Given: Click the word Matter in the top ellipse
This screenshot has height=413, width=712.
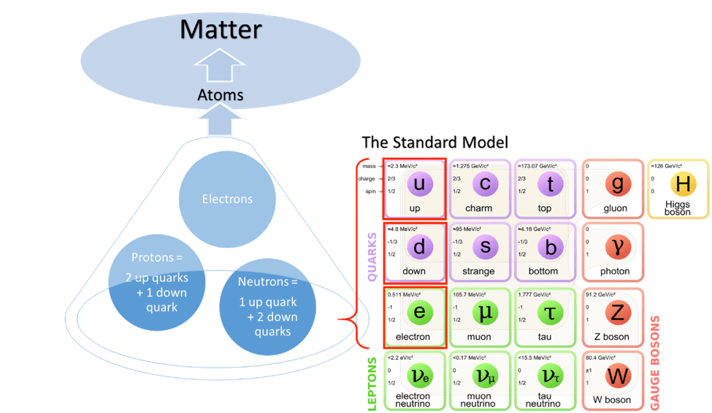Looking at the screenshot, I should [221, 30].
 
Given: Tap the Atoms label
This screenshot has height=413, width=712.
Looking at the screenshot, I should [220, 95].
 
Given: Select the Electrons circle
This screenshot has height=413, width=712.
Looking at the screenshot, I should [227, 199].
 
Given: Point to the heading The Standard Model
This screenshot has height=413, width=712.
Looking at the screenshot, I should [435, 143].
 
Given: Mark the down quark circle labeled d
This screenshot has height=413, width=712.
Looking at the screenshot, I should [419, 247].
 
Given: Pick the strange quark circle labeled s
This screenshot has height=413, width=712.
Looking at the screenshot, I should [485, 247].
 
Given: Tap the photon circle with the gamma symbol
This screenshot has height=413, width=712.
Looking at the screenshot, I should [617, 247].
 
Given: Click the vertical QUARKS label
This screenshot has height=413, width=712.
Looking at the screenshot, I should [372, 257].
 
